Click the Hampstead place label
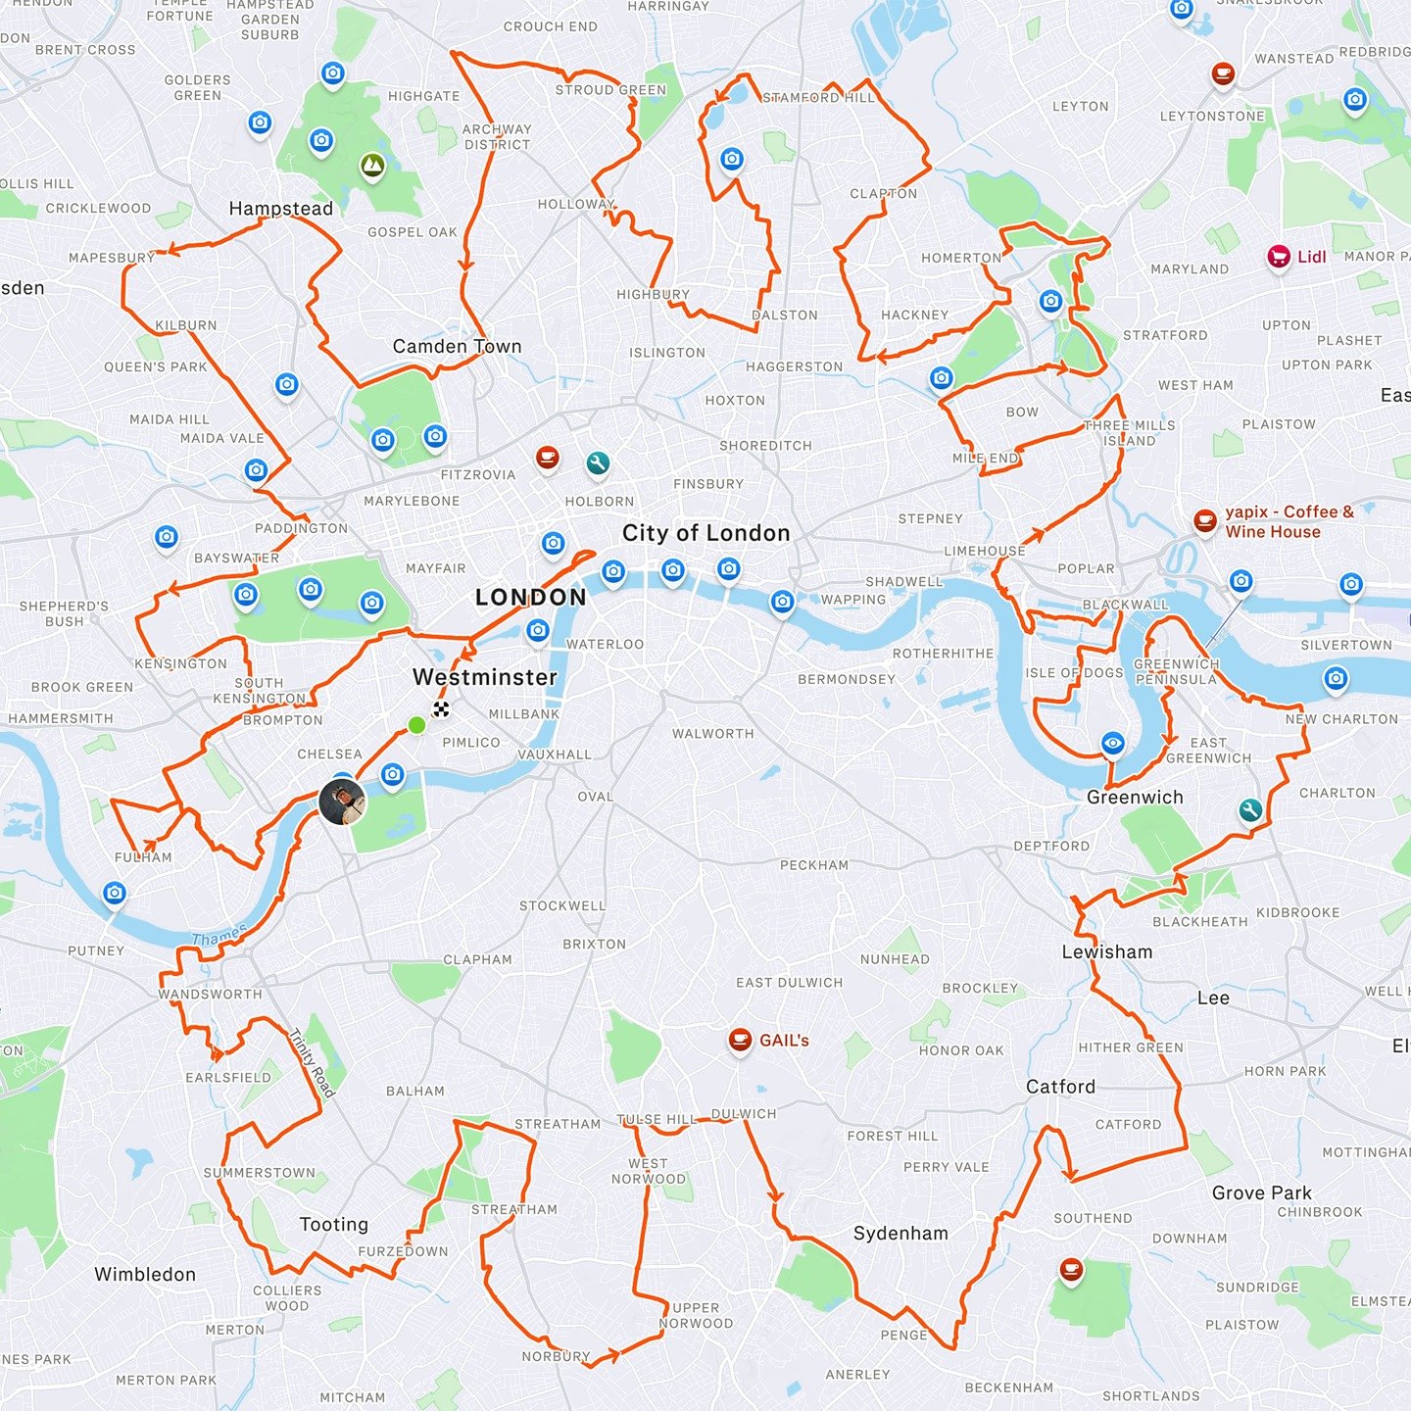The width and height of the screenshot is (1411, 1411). pyautogui.click(x=280, y=209)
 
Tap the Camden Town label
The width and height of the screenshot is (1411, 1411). pyautogui.click(x=457, y=347)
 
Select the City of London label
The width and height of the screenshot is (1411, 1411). pyautogui.click(x=705, y=533)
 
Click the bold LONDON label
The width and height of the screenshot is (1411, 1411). pyautogui.click(x=531, y=598)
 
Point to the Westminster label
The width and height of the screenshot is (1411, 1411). pyautogui.click(x=485, y=677)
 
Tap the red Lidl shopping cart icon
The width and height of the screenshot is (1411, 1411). pyautogui.click(x=1278, y=257)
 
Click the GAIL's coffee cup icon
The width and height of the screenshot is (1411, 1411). pyautogui.click(x=740, y=1040)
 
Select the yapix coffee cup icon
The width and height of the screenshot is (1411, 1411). pyautogui.click(x=1205, y=520)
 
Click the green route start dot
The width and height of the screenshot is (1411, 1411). pyautogui.click(x=416, y=725)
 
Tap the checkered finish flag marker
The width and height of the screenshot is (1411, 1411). pyautogui.click(x=442, y=709)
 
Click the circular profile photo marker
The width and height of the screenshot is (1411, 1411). pyautogui.click(x=342, y=803)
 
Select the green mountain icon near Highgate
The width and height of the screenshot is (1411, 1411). pyautogui.click(x=372, y=166)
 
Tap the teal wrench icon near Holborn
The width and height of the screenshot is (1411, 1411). pyautogui.click(x=597, y=462)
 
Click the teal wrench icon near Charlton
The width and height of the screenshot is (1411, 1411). pyautogui.click(x=1249, y=810)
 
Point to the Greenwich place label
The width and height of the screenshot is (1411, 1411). pyautogui.click(x=1135, y=798)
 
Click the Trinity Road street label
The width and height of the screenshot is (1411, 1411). pyautogui.click(x=313, y=1062)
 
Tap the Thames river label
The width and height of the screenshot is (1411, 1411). pyautogui.click(x=219, y=936)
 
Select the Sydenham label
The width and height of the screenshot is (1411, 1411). pyautogui.click(x=900, y=1234)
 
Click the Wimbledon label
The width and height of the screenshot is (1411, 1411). pyautogui.click(x=145, y=1275)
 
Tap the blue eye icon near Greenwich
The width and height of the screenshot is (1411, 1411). pyautogui.click(x=1112, y=744)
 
